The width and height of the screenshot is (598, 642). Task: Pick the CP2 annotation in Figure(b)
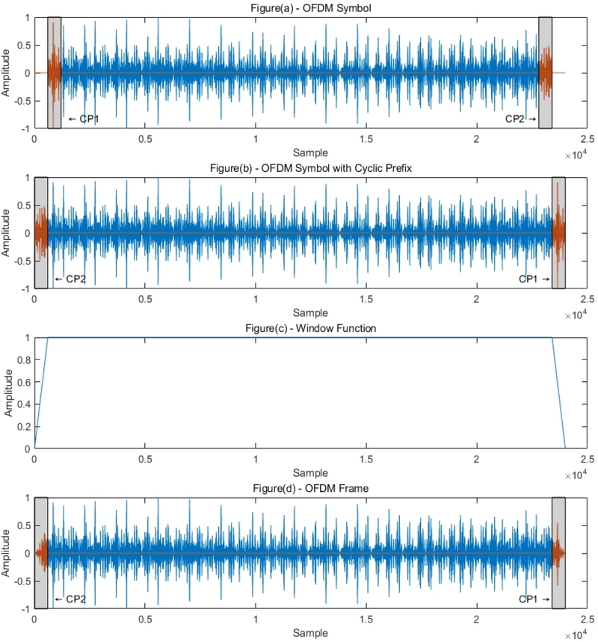click(x=70, y=280)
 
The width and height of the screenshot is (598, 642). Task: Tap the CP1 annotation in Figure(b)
click(x=534, y=280)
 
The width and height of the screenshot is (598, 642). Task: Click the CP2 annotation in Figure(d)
click(x=70, y=599)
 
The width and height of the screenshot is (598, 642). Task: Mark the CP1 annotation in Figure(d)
click(x=534, y=599)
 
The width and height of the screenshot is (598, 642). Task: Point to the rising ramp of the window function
click(x=41, y=393)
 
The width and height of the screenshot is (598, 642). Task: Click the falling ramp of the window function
click(x=558, y=393)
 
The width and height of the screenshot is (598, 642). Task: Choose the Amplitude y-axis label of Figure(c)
click(x=7, y=393)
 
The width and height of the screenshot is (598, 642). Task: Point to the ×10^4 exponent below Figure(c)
click(x=575, y=475)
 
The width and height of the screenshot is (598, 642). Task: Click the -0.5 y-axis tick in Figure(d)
click(x=21, y=581)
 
